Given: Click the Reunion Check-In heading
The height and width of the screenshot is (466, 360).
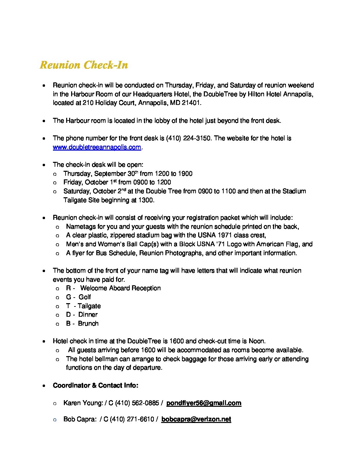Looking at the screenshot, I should click(84, 65).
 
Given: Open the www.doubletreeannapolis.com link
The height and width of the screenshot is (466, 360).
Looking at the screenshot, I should click(97, 147).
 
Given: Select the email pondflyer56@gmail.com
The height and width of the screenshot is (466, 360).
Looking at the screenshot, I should click(203, 403).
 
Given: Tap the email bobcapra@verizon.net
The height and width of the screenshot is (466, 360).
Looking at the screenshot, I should click(196, 419).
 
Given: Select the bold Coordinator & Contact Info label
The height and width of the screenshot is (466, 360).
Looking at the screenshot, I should click(95, 386).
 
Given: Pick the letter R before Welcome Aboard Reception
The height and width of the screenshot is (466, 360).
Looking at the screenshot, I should click(68, 288).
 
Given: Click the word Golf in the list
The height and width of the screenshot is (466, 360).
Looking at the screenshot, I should click(85, 297).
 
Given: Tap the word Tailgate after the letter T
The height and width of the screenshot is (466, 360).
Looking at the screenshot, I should click(89, 306).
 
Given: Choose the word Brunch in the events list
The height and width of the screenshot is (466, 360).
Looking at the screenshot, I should click(88, 324).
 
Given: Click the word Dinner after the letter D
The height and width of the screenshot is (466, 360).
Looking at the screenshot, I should click(88, 315).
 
